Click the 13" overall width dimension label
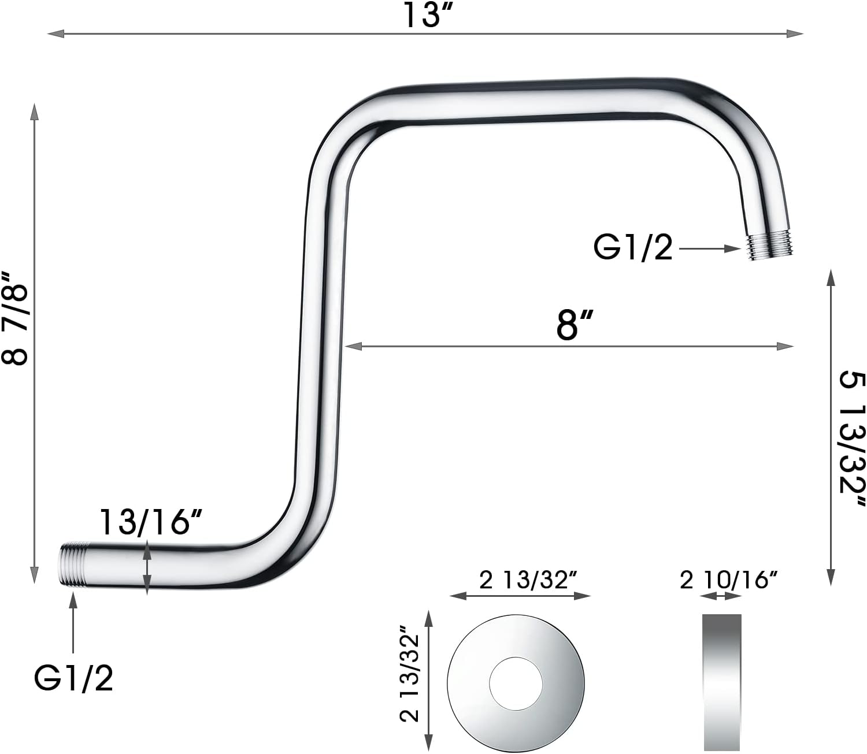tap(427, 15)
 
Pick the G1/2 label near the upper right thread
tap(633, 248)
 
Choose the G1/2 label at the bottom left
tap(74, 678)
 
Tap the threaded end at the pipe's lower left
tap(71, 564)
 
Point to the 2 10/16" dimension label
tap(729, 580)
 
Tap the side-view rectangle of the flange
tap(722, 682)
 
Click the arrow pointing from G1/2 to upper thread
tap(710, 249)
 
